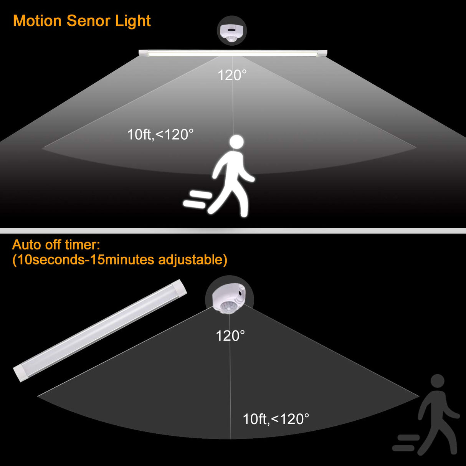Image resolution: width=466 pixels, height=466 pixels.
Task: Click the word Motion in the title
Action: [37, 21]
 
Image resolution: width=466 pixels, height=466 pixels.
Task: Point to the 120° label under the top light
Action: [232, 75]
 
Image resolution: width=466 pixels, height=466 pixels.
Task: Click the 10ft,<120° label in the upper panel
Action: [160, 135]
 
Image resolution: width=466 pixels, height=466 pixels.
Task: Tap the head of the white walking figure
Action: [237, 142]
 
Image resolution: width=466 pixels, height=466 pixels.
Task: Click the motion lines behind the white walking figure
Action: [197, 199]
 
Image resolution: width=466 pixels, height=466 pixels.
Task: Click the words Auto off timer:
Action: [56, 245]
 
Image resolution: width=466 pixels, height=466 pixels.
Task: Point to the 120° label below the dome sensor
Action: [230, 336]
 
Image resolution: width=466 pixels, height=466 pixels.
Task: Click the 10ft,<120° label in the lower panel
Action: [276, 419]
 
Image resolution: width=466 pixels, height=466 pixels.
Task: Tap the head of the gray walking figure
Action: [437, 381]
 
